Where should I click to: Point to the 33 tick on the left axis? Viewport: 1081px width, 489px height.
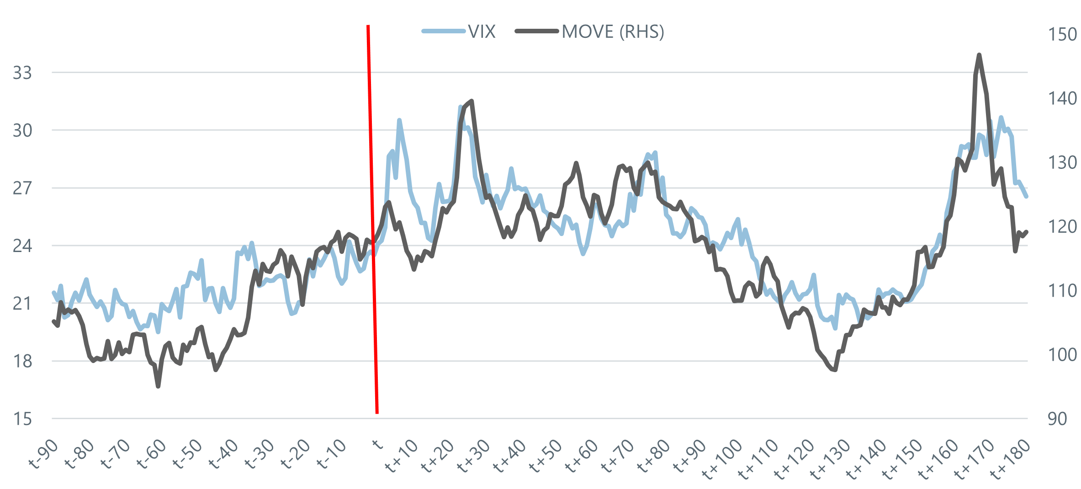22,73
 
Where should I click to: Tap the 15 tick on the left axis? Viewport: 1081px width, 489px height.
22,419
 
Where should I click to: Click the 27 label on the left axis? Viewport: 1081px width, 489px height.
22,188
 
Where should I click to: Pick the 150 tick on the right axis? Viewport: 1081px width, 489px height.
1062,35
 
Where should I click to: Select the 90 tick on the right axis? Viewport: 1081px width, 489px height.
1057,419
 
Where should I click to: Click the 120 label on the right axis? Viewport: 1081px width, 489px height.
1062,226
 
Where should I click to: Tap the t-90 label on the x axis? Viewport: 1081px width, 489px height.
43,454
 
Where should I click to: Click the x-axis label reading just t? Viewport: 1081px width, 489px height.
377,444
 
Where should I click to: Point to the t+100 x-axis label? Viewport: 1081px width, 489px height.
722,459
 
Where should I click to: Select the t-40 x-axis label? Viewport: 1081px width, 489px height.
223,454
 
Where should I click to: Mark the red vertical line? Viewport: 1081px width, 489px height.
372,219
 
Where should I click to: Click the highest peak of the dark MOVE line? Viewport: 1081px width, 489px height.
979,55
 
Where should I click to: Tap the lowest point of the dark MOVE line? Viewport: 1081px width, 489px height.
158,387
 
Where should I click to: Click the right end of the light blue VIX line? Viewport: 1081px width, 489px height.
1027,197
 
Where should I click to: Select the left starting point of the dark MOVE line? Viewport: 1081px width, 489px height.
53,321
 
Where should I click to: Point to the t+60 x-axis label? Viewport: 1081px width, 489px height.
581,457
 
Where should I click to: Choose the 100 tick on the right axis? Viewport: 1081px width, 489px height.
1062,355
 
